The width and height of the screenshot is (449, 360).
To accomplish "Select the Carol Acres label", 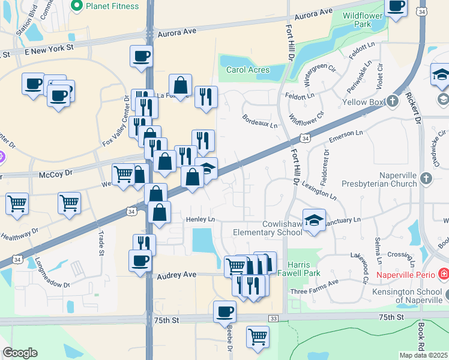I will pos(247,70).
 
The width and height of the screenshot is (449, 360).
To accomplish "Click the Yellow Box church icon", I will pos(392,101).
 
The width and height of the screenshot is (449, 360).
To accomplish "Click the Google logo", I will pos(20,353).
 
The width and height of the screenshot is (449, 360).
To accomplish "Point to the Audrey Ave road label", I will pos(176,275).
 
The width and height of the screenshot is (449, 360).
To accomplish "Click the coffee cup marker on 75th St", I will pos(225,311).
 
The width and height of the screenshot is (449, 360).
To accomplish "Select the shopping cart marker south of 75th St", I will pos(258,337).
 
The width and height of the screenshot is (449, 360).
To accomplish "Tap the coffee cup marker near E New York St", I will pos(141,56).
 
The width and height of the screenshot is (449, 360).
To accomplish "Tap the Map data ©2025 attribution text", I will pos(423,355).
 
